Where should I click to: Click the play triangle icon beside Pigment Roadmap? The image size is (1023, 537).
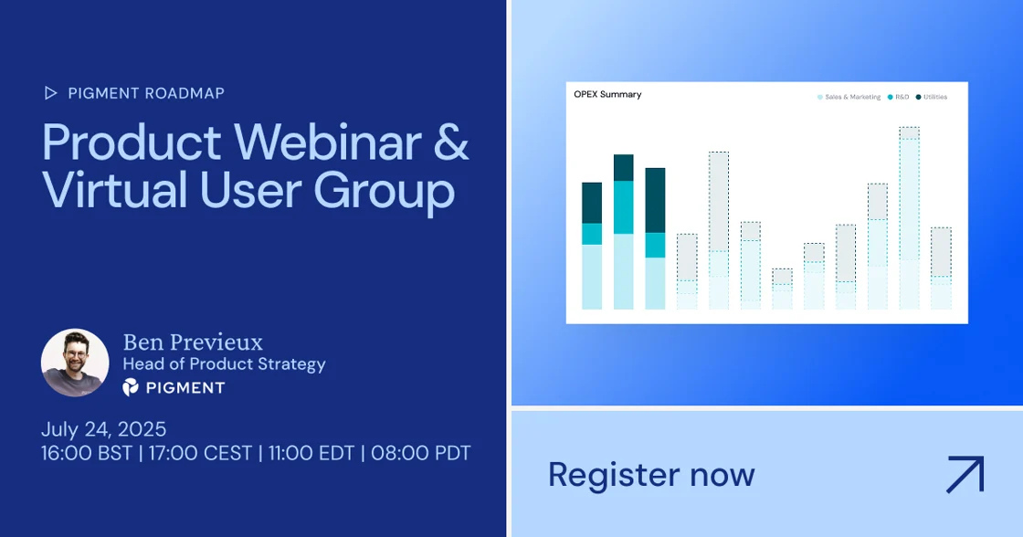50,93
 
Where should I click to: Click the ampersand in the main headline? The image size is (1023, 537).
451,142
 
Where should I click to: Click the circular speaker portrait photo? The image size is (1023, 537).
75,363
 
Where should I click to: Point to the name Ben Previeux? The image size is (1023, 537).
193,342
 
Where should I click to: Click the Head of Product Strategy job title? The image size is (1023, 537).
225,364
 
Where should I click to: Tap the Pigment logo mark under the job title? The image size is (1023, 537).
131,387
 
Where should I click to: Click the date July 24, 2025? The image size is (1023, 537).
104,429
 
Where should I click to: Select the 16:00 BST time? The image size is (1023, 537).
87,453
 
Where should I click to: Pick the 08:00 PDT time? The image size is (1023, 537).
421,453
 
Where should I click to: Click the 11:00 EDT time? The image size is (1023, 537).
311,453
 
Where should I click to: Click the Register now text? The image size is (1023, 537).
651,474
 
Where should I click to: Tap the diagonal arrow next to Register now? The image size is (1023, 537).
965,474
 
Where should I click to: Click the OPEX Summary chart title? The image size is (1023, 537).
607,95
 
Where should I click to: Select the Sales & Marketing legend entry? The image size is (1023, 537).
849,97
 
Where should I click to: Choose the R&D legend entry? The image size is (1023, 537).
899,97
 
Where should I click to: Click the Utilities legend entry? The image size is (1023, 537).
932,97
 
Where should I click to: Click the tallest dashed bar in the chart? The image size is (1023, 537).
910,218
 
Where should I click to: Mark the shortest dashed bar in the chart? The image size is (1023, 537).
782,290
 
